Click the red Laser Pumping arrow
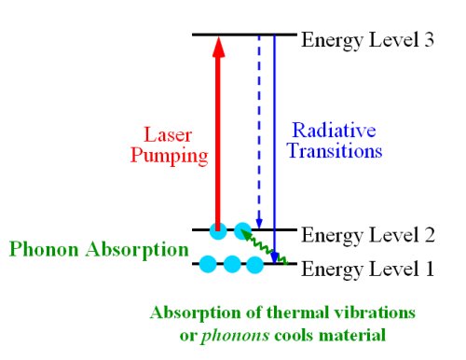[217, 140]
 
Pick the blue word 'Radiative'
[334, 130]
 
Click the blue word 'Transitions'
[334, 150]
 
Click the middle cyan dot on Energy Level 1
[232, 264]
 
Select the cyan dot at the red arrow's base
[217, 229]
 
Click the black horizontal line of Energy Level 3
[242, 35]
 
